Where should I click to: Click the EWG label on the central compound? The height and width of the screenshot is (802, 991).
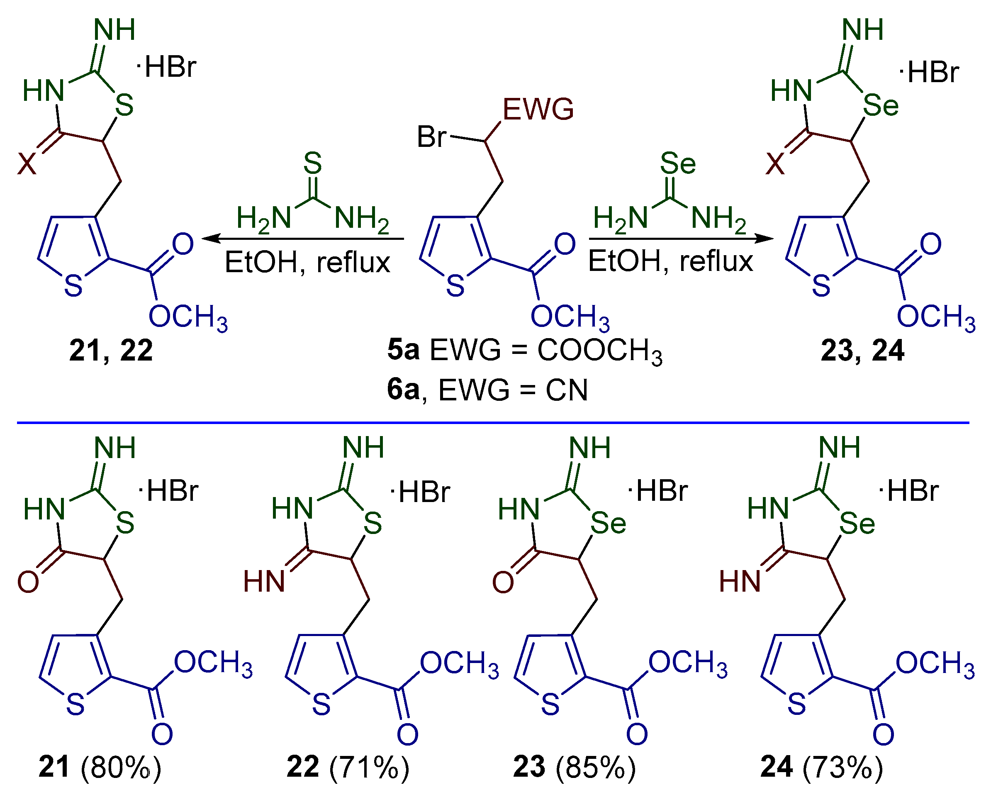(538, 110)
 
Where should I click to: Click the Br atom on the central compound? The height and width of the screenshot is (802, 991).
(431, 137)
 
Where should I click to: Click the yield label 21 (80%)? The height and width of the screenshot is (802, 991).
(100, 767)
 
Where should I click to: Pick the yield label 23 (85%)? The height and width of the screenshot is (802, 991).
(575, 767)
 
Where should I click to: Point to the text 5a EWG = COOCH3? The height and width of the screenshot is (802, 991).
(525, 351)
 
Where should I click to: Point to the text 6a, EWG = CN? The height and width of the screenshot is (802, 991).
(487, 390)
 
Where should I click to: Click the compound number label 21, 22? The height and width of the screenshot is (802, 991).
(111, 351)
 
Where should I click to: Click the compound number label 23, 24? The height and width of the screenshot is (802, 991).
(862, 351)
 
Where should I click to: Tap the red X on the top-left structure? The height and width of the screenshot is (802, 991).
(27, 163)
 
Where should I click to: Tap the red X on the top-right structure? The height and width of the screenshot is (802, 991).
(775, 163)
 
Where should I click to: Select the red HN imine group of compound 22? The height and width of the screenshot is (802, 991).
(264, 581)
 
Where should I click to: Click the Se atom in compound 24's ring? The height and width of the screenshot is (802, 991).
(857, 524)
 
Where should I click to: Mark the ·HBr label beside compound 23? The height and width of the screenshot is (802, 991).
(658, 491)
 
